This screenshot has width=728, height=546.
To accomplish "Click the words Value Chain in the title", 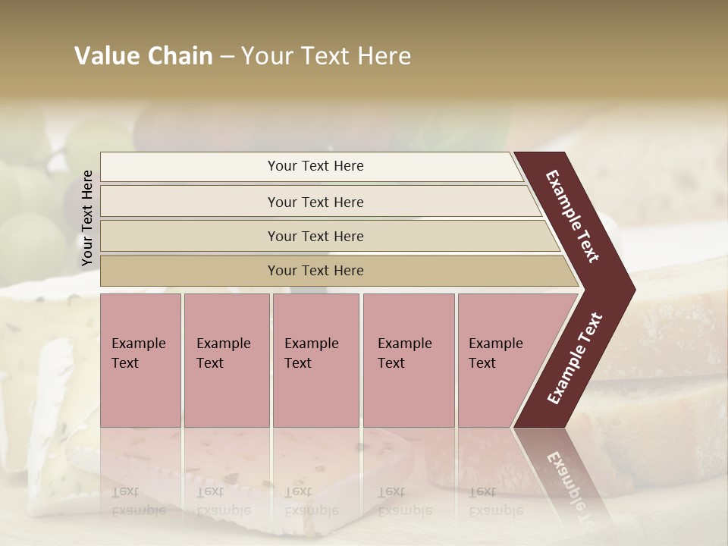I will [143, 56].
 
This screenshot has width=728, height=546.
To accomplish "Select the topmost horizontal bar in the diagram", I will [315, 166].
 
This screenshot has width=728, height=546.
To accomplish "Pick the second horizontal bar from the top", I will [315, 202].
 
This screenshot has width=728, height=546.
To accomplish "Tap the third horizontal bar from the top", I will [315, 236].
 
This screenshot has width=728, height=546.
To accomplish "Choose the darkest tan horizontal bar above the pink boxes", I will [315, 271].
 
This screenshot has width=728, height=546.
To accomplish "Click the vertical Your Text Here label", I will [87, 218].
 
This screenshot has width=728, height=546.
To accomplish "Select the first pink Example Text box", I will [140, 360].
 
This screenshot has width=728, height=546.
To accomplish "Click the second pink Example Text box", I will [227, 360].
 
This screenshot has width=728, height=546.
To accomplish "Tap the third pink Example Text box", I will [315, 360].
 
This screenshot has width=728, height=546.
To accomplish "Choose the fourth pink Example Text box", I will [409, 360].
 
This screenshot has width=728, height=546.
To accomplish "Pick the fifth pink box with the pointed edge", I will [504, 360].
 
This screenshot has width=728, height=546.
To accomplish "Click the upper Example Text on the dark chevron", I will [573, 216].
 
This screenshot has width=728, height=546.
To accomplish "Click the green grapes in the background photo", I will [30, 227].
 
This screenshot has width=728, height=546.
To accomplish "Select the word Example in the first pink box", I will [138, 344].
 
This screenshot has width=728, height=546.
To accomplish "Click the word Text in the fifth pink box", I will [482, 363].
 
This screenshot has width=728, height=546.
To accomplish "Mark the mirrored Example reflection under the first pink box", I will [138, 510].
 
